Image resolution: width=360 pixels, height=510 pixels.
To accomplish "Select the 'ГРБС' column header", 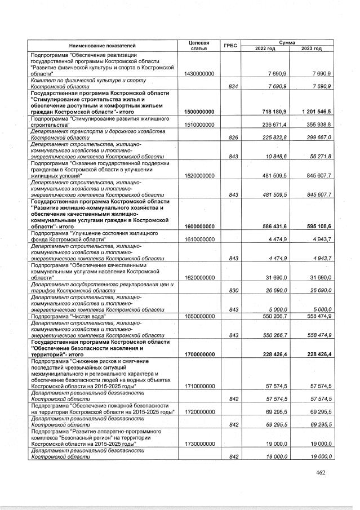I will tap(230, 45).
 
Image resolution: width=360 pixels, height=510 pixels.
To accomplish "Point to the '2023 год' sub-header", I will tap(311, 49).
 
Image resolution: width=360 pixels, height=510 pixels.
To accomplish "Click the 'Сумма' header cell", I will tap(288, 42).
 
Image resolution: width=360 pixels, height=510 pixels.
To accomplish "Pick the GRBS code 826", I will tap(230, 137).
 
